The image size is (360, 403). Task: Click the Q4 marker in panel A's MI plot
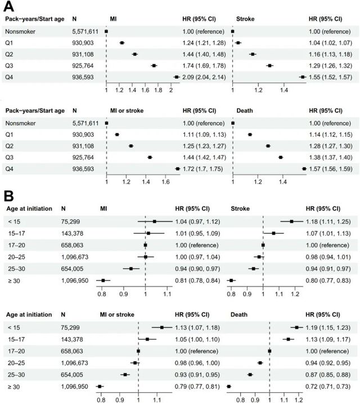(x=177, y=77)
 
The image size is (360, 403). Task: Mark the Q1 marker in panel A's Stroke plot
(x=238, y=43)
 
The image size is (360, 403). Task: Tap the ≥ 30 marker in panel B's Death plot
(x=229, y=386)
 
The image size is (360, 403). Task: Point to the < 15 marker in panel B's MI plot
(x=154, y=221)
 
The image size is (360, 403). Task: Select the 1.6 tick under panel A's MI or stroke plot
(x=165, y=182)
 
